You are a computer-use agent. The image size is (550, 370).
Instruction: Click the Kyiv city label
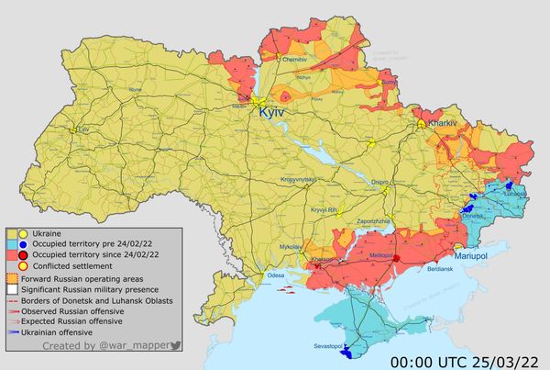tap(272, 111)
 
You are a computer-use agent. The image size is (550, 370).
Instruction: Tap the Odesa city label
tap(275, 275)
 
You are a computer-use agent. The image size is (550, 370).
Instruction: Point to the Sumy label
tap(388, 82)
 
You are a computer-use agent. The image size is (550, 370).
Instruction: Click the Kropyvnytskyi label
tap(299, 178)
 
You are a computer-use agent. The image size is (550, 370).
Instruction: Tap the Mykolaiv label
tap(291, 247)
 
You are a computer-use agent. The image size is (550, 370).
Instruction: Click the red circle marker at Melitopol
tap(396, 259)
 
